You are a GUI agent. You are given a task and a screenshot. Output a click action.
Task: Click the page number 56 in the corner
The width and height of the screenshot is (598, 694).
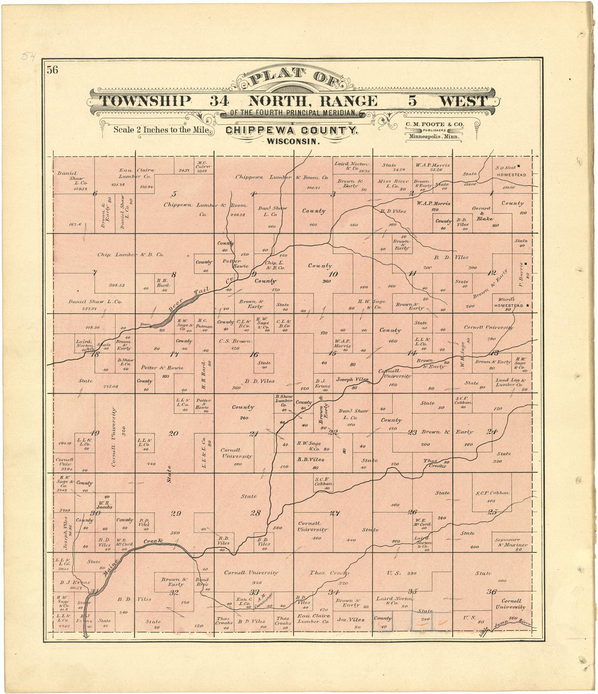pyautogui.click(x=52, y=70)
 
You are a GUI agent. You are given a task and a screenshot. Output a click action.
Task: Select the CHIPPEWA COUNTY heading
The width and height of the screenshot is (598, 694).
pyautogui.click(x=291, y=131)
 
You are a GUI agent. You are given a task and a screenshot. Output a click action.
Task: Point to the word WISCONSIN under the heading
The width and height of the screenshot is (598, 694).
pyautogui.click(x=291, y=141)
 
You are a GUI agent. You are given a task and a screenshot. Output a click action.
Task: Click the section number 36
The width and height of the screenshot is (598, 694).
pyautogui.click(x=491, y=592)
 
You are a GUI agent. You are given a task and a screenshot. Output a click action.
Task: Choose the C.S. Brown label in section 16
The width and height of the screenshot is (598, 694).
pyautogui.click(x=235, y=341)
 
